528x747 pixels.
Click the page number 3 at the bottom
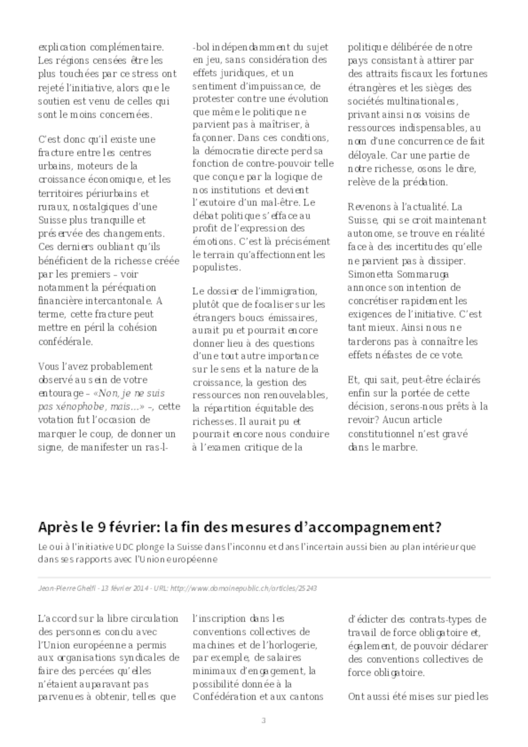(263, 721)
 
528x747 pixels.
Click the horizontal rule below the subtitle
(264, 578)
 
